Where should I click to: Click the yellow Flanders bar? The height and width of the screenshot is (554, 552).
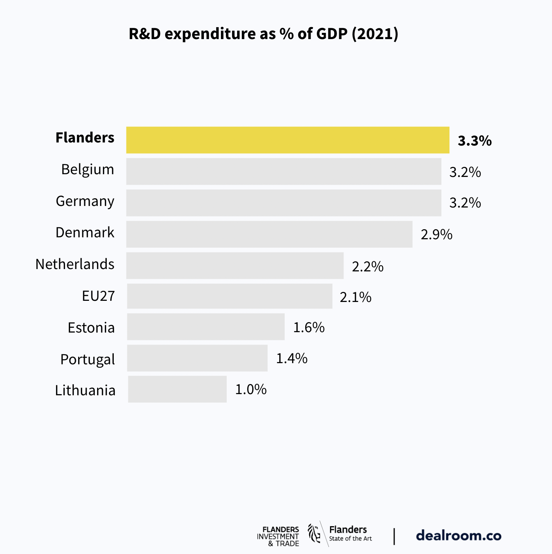(x=287, y=140)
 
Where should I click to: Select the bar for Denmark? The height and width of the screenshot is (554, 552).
(x=269, y=234)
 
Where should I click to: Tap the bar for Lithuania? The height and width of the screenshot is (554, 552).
(x=177, y=389)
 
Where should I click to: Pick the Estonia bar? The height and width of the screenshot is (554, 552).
(x=206, y=327)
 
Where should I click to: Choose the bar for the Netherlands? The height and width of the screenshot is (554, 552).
(x=235, y=266)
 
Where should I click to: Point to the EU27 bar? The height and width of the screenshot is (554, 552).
(x=229, y=296)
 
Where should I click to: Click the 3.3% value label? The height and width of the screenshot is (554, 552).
(x=475, y=141)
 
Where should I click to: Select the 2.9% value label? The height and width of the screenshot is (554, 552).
(x=436, y=235)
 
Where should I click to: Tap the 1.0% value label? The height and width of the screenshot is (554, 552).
(x=251, y=389)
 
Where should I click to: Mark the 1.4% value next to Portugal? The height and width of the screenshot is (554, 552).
(x=292, y=358)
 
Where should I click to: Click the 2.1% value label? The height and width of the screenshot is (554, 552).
(x=355, y=297)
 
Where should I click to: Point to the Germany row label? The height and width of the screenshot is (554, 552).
(x=85, y=201)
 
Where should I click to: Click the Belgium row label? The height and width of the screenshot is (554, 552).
(x=88, y=170)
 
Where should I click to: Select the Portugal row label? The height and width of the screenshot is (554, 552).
(x=88, y=359)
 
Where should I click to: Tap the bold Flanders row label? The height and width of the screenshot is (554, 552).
(x=85, y=138)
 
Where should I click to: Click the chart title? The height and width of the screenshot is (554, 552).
(x=263, y=34)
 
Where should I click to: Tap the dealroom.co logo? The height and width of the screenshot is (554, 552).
(x=458, y=536)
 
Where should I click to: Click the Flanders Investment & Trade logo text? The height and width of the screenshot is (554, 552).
(x=278, y=536)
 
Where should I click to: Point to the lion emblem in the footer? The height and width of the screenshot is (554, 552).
(x=314, y=533)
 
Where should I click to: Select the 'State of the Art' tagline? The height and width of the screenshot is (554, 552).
(x=350, y=539)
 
